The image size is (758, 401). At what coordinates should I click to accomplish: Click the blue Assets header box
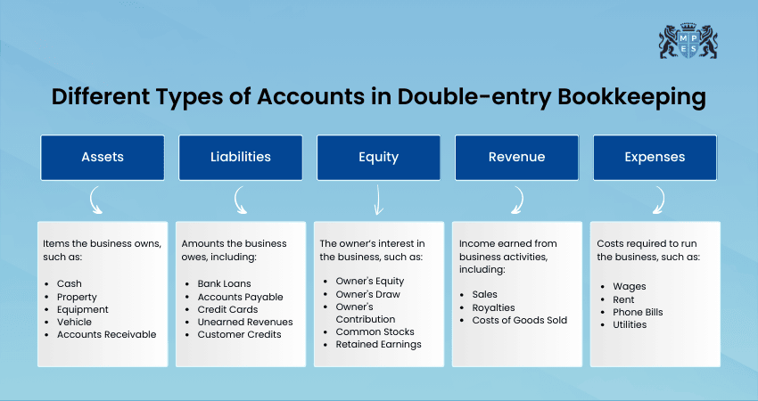click(x=103, y=158)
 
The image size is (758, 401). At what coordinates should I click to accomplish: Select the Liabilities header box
click(x=241, y=158)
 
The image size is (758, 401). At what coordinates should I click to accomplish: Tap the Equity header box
click(x=378, y=158)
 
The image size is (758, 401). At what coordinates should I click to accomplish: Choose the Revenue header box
click(x=516, y=158)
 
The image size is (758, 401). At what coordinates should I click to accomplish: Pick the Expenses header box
click(x=655, y=158)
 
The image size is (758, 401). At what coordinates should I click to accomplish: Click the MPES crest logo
click(x=688, y=41)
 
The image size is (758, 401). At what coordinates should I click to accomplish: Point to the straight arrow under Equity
click(x=378, y=200)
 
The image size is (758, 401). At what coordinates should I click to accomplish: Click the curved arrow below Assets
click(x=93, y=200)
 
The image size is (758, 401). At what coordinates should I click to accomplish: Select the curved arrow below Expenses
click(x=662, y=200)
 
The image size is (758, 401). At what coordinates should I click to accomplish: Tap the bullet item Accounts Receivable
click(x=106, y=334)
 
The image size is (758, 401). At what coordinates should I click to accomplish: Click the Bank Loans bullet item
click(x=225, y=283)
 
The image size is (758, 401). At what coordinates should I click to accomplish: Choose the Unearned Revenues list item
click(x=245, y=322)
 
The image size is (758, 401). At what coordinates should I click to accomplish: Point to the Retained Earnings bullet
click(x=378, y=345)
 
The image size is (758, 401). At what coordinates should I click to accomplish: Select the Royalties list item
click(x=493, y=307)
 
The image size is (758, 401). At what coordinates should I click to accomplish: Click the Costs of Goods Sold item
click(x=520, y=320)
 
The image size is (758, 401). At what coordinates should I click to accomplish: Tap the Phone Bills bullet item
click(x=638, y=312)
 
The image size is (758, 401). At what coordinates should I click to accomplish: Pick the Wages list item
click(x=630, y=287)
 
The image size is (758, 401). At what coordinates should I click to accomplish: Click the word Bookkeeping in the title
click(x=632, y=97)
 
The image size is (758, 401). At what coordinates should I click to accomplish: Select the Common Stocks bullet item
click(x=375, y=331)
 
